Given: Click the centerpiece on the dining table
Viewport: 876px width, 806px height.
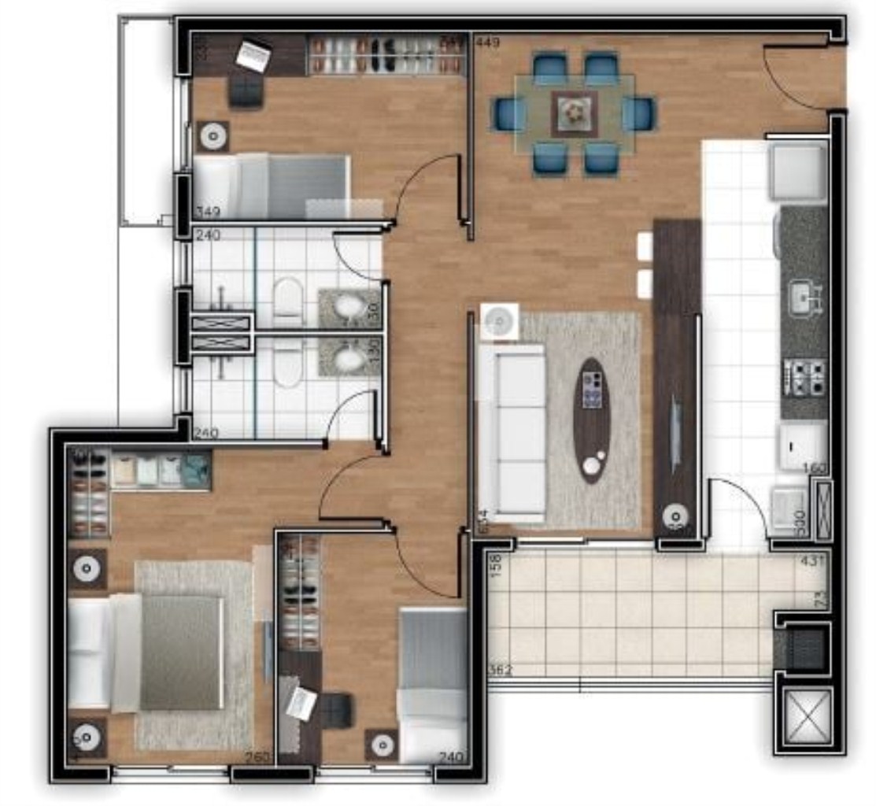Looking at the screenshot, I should coord(575,114).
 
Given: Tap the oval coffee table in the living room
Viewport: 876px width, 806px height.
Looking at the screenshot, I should coord(592,420).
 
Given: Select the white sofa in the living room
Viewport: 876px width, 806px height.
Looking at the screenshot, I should coord(514,433).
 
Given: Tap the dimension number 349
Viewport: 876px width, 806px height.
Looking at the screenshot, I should coord(209,212).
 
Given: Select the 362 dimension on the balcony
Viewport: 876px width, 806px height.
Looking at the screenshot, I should coord(500,671).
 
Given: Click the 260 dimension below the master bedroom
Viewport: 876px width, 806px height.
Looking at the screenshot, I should coord(257,757).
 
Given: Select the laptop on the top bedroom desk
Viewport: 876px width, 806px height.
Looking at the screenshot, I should coord(253,56).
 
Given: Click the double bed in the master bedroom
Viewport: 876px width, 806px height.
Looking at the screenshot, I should coord(161,652).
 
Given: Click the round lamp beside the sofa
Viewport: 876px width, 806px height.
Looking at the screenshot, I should coord(499,321).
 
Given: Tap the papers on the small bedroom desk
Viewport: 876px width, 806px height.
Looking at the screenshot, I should coord(301,703).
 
